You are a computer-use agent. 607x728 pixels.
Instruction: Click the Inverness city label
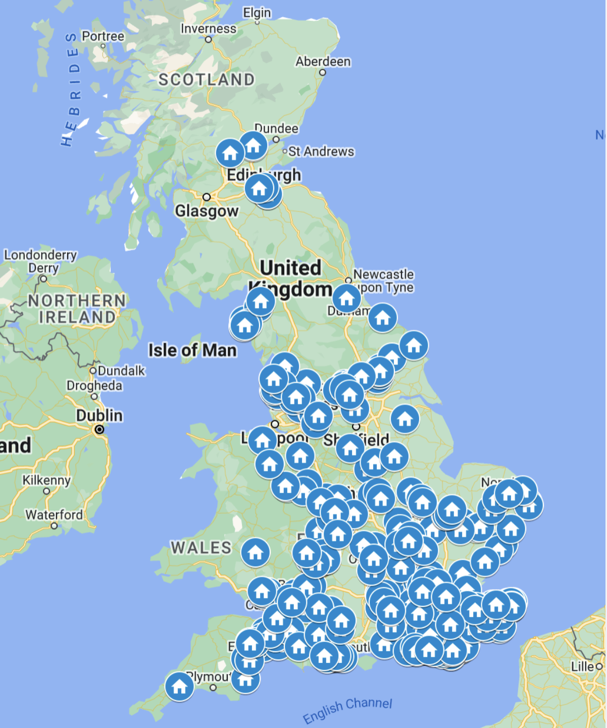pos(208,29)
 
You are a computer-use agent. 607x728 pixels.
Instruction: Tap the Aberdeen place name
pos(323,62)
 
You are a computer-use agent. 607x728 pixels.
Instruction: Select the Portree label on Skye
pos(103,36)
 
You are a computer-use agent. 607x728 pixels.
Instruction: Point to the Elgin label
pos(257,13)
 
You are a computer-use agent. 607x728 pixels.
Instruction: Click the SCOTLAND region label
pos(207,80)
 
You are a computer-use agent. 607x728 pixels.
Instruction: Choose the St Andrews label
pos(321,151)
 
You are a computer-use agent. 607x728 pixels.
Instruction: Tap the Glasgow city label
pos(207,211)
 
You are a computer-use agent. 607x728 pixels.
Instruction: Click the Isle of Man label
pos(192,350)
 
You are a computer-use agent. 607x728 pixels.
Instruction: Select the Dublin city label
pos(99,415)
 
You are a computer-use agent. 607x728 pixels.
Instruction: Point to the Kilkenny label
pos(46,480)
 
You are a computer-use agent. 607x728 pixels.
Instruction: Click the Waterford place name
pos(54,514)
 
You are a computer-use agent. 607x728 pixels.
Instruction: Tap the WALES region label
pos(201,548)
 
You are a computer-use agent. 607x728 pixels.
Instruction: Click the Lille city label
pos(582,666)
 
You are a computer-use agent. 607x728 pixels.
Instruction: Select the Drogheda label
pos(94,386)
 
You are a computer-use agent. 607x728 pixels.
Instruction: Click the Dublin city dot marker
pos(99,429)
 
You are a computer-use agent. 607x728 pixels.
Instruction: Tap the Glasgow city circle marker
pos(207,197)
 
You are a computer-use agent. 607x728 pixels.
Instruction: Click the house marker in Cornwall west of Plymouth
pos(179,686)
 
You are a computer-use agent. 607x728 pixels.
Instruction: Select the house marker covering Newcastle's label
pos(346,298)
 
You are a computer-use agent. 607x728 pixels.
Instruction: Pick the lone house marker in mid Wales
pos(256,552)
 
